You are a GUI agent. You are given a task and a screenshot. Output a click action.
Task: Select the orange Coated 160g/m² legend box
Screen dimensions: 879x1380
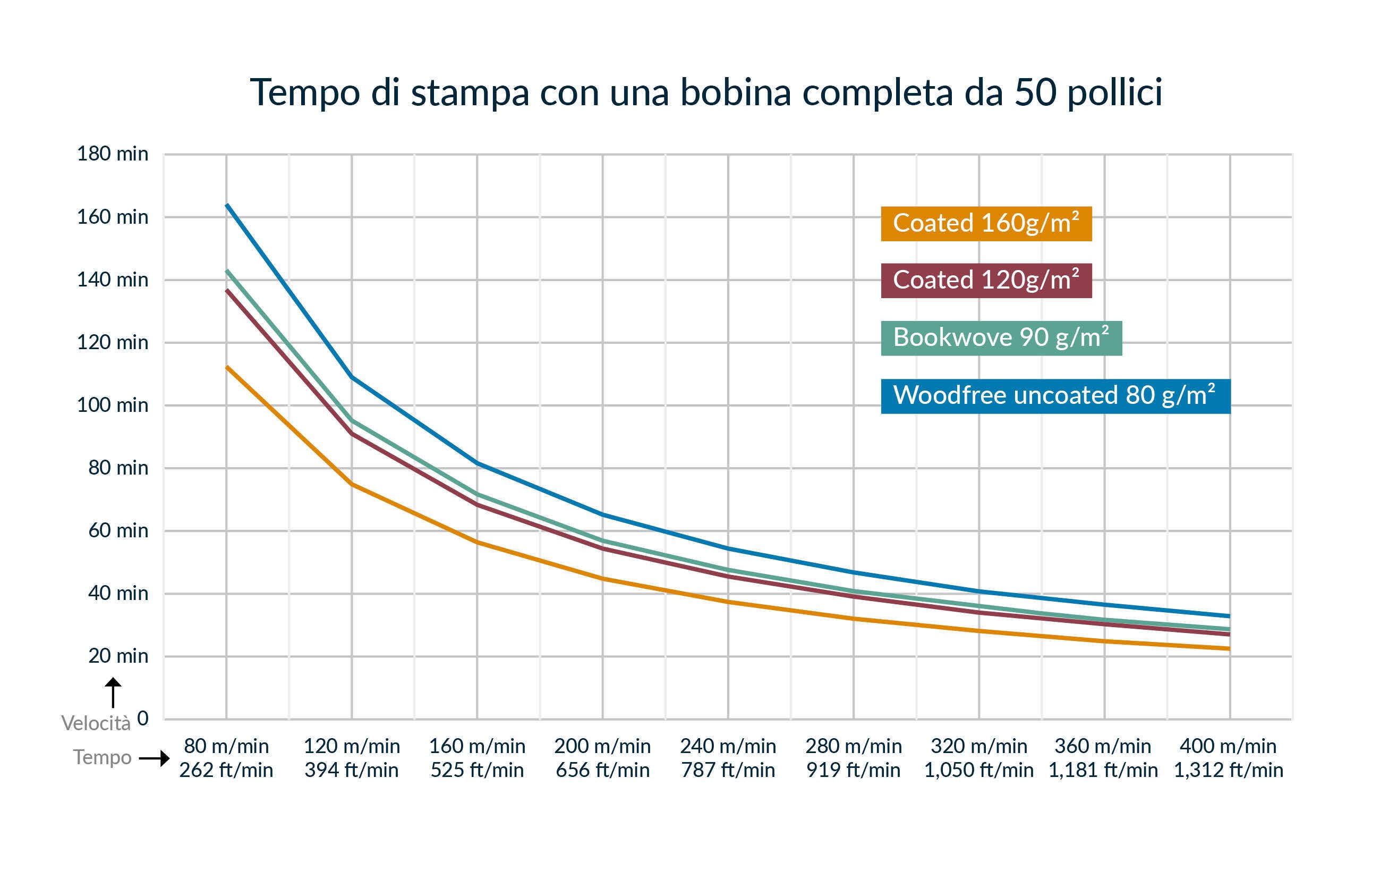pyautogui.click(x=986, y=224)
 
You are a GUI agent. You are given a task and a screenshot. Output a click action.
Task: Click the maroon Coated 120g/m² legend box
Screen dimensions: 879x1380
pyautogui.click(x=986, y=281)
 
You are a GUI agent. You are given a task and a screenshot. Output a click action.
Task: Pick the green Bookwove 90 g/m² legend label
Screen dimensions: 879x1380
pyautogui.click(x=1001, y=337)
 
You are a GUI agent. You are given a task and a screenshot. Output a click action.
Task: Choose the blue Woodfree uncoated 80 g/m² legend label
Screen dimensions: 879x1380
pyautogui.click(x=1055, y=395)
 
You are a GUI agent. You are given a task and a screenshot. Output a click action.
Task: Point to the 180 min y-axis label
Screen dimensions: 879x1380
pyautogui.click(x=112, y=154)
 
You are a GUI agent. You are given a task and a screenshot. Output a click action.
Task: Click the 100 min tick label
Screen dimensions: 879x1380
pyautogui.click(x=112, y=405)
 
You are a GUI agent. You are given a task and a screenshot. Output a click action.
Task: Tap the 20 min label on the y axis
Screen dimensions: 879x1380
pyautogui.click(x=118, y=655)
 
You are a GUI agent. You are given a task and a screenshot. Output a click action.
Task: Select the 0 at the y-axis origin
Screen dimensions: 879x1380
pyautogui.click(x=143, y=718)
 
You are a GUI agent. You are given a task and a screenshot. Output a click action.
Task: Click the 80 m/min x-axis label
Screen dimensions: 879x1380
pyautogui.click(x=226, y=746)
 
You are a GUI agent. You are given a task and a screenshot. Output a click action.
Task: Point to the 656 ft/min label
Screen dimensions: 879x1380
pyautogui.click(x=602, y=770)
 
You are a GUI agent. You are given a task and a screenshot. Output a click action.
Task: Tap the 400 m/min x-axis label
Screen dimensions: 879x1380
pyautogui.click(x=1228, y=746)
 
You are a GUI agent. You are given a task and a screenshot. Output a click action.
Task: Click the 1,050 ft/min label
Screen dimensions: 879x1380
pyautogui.click(x=978, y=770)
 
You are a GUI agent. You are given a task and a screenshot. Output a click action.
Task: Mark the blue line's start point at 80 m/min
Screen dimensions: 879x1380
pyautogui.click(x=227, y=205)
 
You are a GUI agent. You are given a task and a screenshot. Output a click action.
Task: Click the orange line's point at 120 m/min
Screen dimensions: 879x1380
pyautogui.click(x=352, y=485)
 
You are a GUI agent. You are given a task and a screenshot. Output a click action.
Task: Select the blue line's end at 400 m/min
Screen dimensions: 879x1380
pyautogui.click(x=1229, y=616)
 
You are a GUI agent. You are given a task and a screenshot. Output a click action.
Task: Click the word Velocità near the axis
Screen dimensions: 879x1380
pyautogui.click(x=96, y=724)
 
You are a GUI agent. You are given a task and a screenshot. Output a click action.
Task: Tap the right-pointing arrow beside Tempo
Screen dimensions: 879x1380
pyautogui.click(x=154, y=758)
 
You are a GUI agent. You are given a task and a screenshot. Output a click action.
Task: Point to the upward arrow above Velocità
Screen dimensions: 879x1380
pyautogui.click(x=113, y=692)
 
